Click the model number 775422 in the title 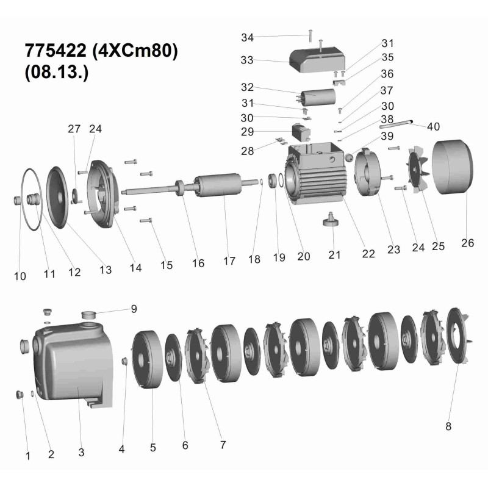[x=56, y=51]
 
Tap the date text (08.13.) [x=56, y=72]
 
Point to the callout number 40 [x=433, y=127]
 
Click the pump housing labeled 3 [x=73, y=365]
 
